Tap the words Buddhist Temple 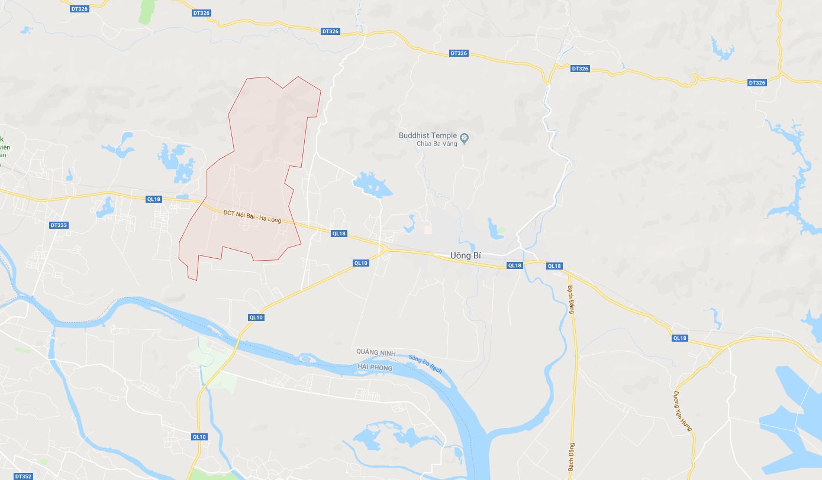point(428,135)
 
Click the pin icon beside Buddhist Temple point(465,139)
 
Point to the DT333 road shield point(59,225)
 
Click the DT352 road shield point(23,476)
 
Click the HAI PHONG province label point(375,368)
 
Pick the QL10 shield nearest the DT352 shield point(199,436)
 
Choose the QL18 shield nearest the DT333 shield point(153,199)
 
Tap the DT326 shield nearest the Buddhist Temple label point(459,53)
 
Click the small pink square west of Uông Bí point(428,228)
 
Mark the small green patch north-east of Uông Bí point(501,229)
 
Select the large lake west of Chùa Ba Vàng point(372,185)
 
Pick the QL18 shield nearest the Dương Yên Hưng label point(680,338)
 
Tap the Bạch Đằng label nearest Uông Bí point(572,299)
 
